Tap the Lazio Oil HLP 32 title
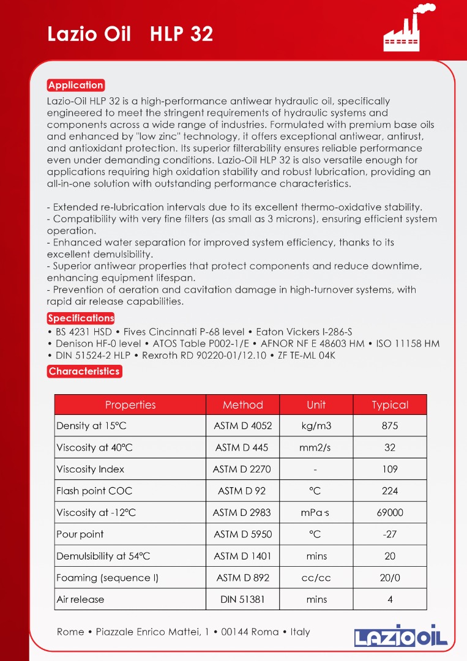click(130, 34)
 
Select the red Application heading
click(76, 85)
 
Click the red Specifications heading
click(81, 318)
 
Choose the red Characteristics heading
click(84, 371)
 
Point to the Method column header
click(242, 405)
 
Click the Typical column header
click(390, 405)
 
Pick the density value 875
click(390, 426)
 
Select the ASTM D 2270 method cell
click(242, 469)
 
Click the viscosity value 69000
click(390, 513)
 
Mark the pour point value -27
click(390, 534)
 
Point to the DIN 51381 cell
click(242, 599)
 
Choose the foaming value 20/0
click(390, 578)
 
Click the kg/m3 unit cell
click(316, 426)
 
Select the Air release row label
click(80, 599)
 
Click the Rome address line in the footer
click(184, 632)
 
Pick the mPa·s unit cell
click(316, 513)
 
